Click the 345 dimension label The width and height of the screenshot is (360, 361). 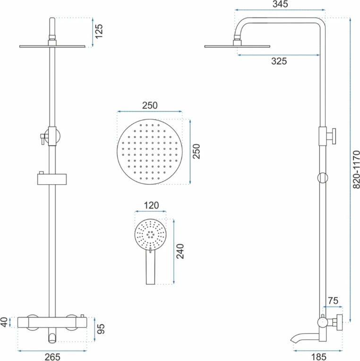pos(280,4)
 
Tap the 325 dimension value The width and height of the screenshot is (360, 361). pos(279,61)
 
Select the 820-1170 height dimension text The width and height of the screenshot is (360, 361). pos(356,170)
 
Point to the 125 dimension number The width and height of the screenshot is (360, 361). pos(99,31)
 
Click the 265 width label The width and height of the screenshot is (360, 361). pos(52,357)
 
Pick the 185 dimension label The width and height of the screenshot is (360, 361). pos(318,357)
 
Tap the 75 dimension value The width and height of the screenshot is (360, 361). pos(333,301)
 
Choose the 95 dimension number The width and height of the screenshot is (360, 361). pos(101,329)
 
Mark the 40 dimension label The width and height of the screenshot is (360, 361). pos(4,322)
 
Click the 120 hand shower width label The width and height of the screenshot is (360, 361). pos(151,206)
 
